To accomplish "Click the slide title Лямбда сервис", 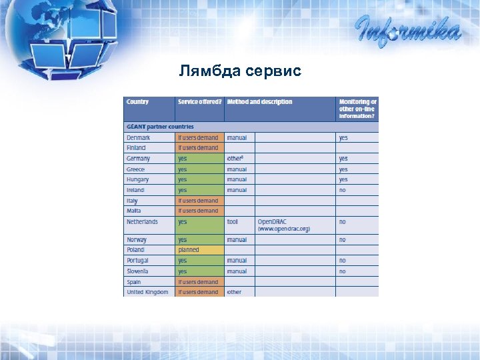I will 240,70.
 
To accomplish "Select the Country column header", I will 138,102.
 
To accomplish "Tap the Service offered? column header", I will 199,102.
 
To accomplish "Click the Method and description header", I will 259,102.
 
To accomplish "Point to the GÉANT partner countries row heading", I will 160,126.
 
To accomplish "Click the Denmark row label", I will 139,137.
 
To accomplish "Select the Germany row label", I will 139,159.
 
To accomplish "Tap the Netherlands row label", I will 143,221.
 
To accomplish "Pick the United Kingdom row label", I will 148,292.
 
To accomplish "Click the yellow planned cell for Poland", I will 199,250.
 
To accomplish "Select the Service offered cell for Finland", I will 199,148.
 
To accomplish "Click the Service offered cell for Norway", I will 199,239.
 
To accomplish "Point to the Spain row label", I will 135,282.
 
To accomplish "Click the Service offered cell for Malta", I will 199,211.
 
